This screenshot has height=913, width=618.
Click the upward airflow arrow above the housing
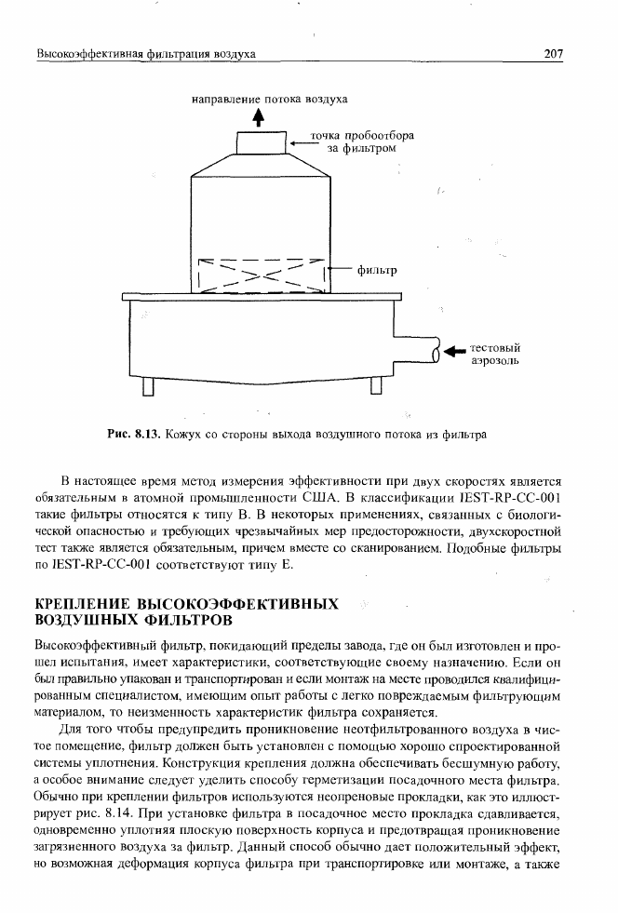(259, 118)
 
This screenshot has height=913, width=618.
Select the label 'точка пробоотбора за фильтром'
(355, 141)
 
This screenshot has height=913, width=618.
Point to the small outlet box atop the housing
(259, 144)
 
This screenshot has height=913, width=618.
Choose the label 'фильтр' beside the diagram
(377, 272)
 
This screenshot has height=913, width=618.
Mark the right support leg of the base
(376, 385)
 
